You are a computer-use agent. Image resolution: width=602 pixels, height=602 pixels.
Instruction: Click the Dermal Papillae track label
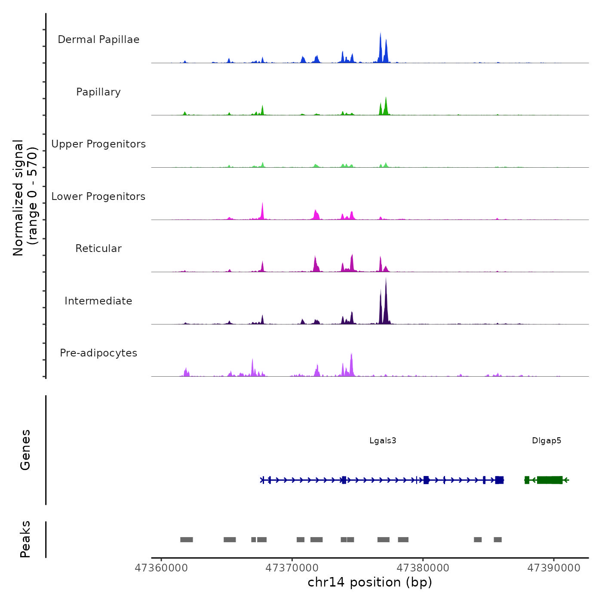point(98,40)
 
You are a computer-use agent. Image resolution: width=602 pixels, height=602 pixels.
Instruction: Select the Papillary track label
point(98,92)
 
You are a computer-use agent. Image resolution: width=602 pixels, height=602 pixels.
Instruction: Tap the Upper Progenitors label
point(98,144)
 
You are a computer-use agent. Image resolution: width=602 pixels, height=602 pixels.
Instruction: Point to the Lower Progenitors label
point(98,197)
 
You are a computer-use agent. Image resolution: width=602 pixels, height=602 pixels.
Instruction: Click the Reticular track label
point(98,249)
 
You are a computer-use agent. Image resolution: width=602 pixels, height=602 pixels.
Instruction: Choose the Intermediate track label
point(98,301)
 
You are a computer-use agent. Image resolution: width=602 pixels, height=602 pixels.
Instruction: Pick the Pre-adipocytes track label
point(98,353)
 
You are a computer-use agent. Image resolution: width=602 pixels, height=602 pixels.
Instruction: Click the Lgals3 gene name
point(383,441)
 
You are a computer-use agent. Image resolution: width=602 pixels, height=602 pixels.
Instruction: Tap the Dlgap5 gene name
point(547,441)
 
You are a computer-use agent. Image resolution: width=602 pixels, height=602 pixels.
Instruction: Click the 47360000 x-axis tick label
point(161,568)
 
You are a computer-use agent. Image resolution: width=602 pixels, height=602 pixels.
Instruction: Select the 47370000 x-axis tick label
point(292,568)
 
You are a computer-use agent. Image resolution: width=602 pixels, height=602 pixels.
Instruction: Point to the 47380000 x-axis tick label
point(423,568)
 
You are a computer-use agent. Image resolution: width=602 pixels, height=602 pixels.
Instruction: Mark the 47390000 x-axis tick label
point(554,568)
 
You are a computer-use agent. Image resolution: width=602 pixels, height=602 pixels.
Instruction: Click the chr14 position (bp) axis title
point(370,582)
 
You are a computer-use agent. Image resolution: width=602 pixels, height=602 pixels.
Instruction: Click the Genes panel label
point(25,450)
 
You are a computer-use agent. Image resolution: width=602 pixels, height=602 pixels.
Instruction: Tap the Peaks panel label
point(25,539)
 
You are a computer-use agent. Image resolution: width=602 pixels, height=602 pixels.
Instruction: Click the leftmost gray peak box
point(186,540)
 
